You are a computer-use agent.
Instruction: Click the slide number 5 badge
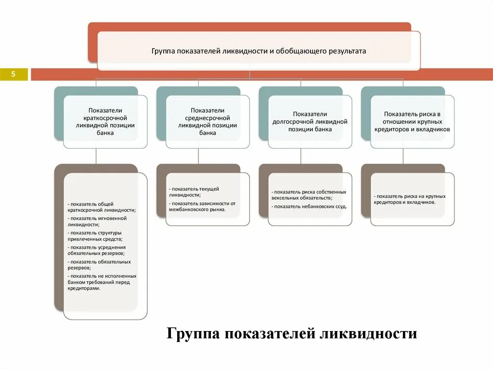13,74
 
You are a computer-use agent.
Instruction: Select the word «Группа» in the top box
163,51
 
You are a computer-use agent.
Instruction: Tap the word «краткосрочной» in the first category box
105,118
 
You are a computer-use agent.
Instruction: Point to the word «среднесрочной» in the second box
208,118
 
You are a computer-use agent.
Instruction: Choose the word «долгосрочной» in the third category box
297,122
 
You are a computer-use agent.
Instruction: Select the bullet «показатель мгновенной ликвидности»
97,221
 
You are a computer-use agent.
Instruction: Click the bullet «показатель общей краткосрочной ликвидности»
102,207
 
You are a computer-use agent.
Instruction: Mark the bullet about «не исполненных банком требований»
102,282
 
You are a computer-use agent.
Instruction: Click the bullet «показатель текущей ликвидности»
194,192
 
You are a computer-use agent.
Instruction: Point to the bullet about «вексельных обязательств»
308,195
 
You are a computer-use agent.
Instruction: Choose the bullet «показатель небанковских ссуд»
309,206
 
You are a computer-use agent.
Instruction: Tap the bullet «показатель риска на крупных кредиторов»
410,199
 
